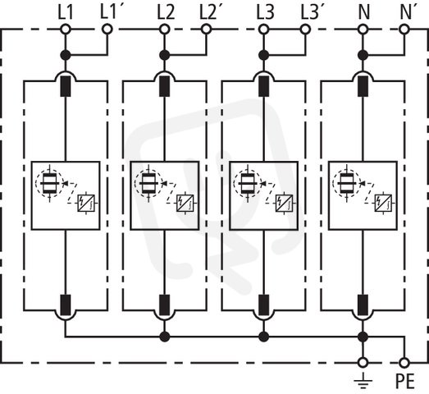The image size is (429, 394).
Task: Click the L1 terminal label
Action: (66, 12)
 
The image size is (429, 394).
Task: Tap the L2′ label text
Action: (211, 12)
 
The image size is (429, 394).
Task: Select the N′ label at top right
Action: (409, 12)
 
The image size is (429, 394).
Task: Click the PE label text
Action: (405, 381)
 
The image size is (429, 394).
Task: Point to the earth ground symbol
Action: (363, 381)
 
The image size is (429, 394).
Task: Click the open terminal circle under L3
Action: (263, 29)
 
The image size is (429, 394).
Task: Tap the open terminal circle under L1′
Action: (107, 29)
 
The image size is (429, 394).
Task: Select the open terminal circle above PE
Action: (404, 363)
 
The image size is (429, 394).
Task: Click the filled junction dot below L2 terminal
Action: (164, 55)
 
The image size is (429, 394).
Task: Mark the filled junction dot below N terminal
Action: (363, 55)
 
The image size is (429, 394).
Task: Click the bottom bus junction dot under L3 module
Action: (264, 337)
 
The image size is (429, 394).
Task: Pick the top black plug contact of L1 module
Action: (66, 86)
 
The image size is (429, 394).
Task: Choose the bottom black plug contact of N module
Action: (363, 305)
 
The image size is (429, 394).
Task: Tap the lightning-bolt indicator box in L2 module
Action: (185, 203)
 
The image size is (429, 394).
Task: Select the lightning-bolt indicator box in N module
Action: (383, 203)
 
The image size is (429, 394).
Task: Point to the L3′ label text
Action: (311, 12)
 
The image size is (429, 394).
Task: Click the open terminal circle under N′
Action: (404, 29)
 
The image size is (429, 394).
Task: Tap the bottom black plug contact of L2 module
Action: (164, 305)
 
